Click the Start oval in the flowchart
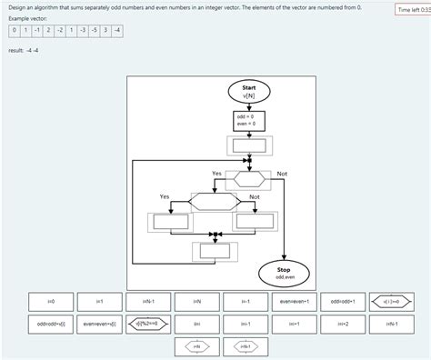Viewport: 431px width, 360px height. pos(249,91)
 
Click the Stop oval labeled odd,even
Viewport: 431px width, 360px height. pos(286,273)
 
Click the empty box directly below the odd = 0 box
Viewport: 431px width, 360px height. pos(249,145)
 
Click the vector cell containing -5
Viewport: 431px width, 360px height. pos(94,30)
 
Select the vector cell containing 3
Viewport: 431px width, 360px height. pos(105,30)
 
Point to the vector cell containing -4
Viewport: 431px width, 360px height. pos(118,30)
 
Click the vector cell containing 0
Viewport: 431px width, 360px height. pos(14,30)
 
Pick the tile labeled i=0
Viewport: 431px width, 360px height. pos(51,301)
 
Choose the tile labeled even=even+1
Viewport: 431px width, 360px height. pos(294,301)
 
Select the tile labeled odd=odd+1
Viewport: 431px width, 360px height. pos(343,301)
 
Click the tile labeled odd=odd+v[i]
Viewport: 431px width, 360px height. pos(51,323)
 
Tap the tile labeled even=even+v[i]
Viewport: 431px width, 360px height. pos(99,323)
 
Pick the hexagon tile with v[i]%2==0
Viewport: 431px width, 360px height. pos(148,323)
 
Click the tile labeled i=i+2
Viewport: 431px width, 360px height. pos(343,323)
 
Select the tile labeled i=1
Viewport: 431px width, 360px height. pos(99,301)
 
